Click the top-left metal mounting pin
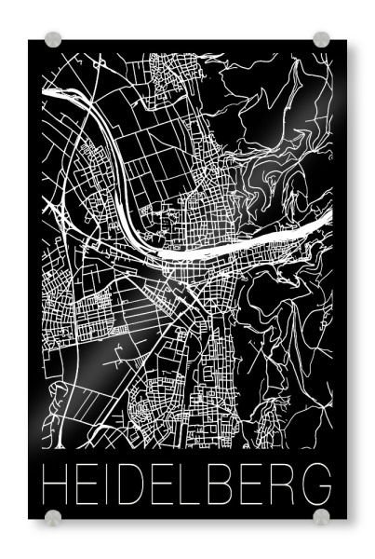click(53, 40)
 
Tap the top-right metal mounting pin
click(321, 40)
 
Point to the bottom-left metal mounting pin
click(53, 515)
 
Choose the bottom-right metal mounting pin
click(321, 515)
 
